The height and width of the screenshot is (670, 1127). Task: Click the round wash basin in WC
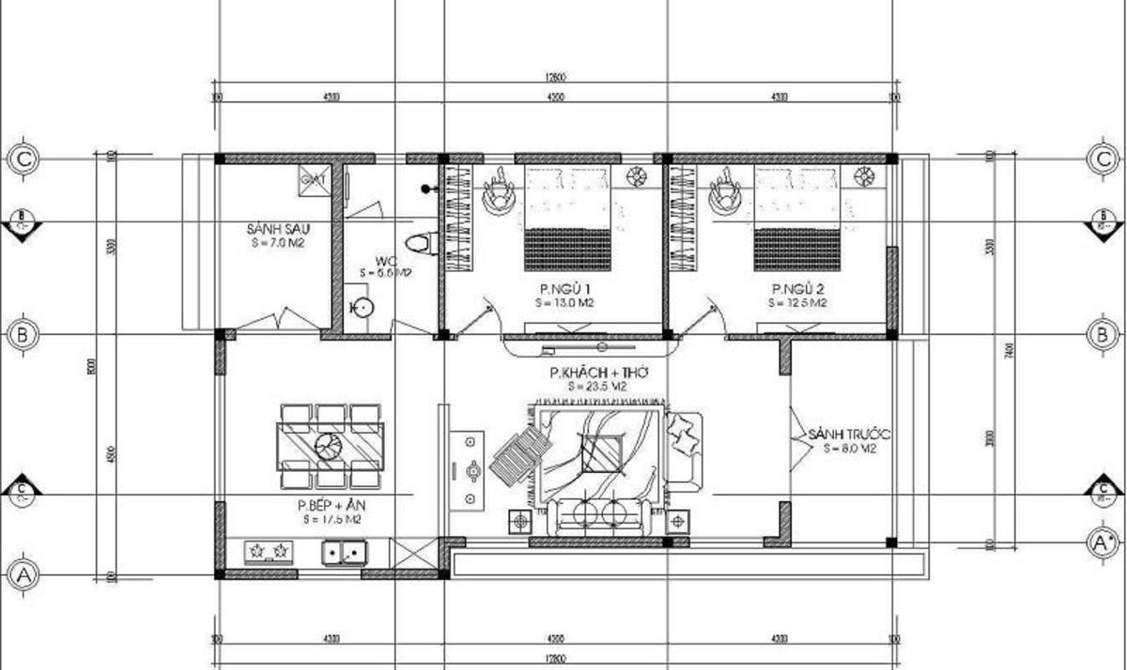pos(362,307)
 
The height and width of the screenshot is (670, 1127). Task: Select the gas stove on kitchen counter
pos(270,553)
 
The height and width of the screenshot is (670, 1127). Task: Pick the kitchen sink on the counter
pos(342,553)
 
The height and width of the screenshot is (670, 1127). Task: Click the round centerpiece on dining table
pos(329,447)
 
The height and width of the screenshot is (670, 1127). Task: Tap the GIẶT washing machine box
pos(313,179)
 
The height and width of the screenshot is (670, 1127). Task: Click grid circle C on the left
pos(23,158)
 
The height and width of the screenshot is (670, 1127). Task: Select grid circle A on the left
pos(23,571)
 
